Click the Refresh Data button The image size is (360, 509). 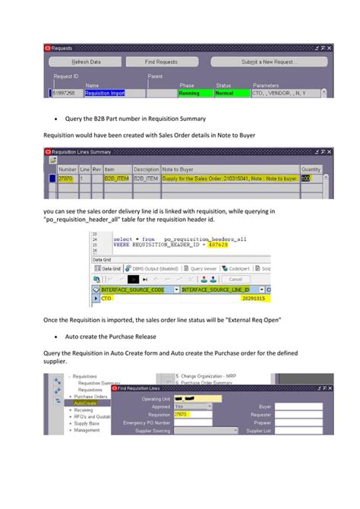[86, 62]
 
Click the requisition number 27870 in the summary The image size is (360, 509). [67, 179]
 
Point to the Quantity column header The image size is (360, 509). [311, 169]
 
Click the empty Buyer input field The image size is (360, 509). [303, 406]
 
